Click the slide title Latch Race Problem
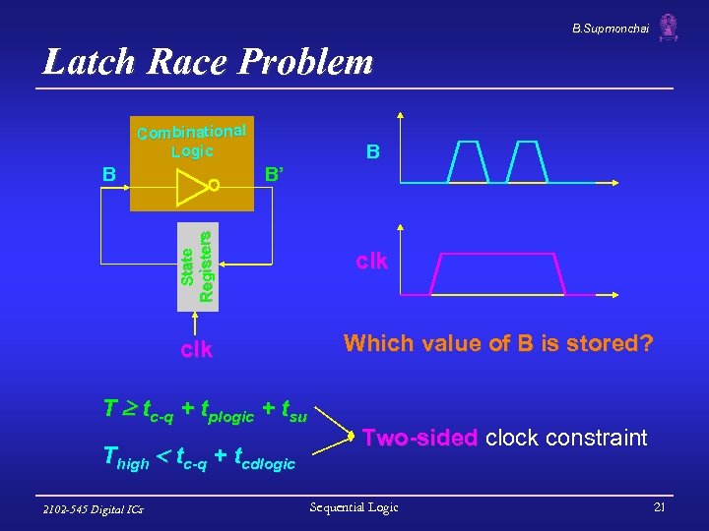click(208, 63)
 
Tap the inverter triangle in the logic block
click(192, 185)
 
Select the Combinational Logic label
click(191, 141)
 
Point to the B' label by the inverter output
click(275, 175)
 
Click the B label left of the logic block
click(110, 174)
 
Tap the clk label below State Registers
click(197, 349)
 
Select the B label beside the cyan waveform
click(373, 151)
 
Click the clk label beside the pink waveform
click(372, 262)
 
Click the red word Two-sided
click(420, 438)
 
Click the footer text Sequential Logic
click(354, 507)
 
